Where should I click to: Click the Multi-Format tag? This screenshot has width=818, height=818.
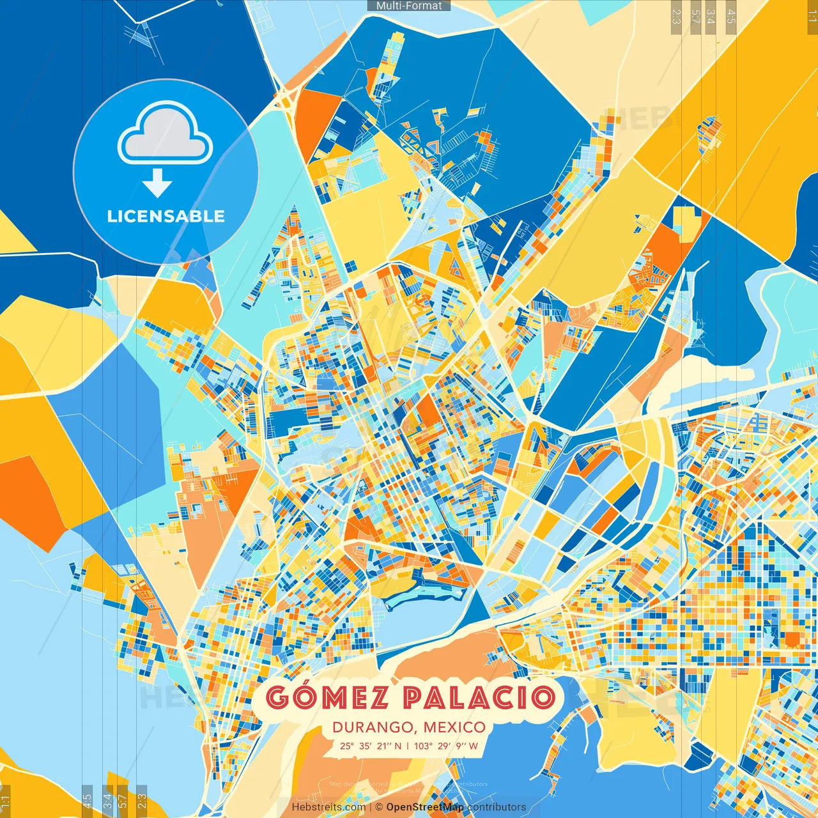[409, 6]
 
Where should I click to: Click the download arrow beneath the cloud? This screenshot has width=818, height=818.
[157, 183]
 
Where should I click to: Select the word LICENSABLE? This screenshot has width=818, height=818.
[166, 216]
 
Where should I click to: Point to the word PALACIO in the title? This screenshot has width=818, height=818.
[479, 697]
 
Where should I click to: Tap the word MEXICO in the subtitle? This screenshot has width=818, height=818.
[454, 727]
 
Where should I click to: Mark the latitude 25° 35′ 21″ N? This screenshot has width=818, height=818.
[371, 746]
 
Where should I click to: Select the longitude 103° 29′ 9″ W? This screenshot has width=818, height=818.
[445, 746]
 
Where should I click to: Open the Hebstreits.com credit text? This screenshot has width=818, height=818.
[328, 807]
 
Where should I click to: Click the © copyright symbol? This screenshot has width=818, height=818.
[379, 807]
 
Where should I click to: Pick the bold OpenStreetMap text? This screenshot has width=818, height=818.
[425, 807]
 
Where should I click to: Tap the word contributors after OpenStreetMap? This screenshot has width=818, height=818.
[497, 807]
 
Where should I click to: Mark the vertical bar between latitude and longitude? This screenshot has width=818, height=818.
[408, 746]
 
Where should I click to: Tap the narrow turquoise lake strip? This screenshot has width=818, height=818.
[422, 598]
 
